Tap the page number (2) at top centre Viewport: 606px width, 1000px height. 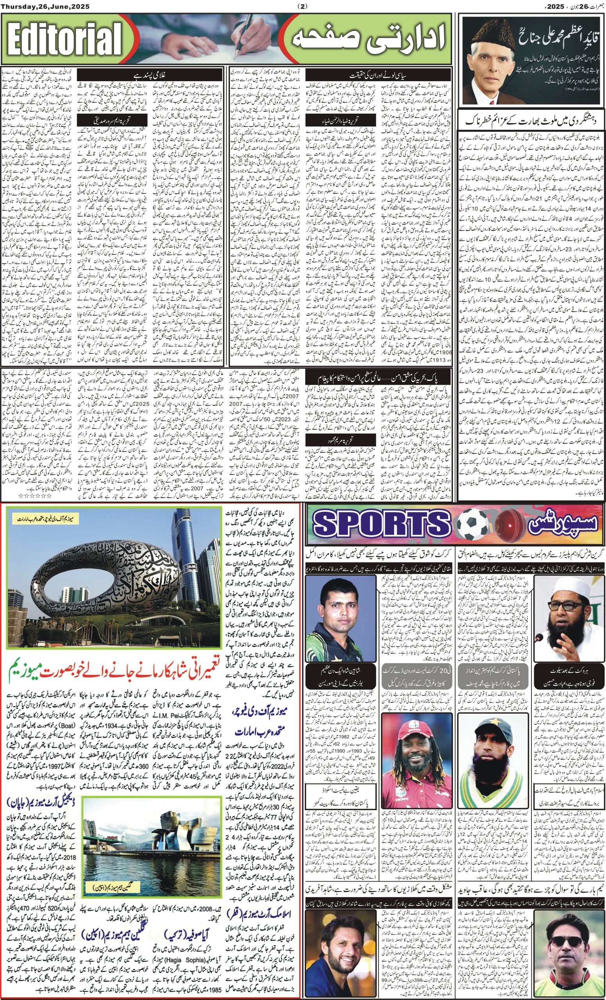click(303, 6)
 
